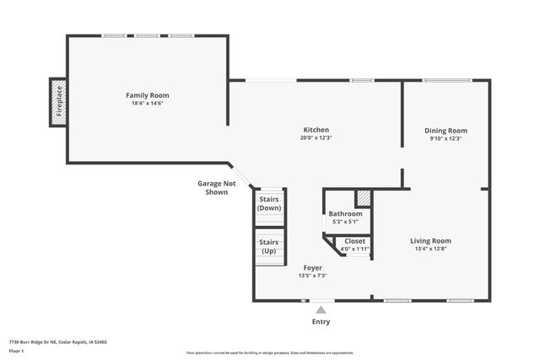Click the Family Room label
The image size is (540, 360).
pos(148,95)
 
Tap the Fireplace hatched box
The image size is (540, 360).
pos(57,103)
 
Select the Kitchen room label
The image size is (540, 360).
pos(316,130)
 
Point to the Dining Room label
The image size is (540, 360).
pos(445,131)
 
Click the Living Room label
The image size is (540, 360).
pos(430,240)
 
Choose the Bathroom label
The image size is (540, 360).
pos(345,214)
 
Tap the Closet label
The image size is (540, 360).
pos(354,241)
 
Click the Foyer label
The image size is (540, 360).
pos(312,268)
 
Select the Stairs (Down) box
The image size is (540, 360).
pos(270,204)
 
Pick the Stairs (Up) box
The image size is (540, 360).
pos(269,246)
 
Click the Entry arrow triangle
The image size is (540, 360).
pos(321,309)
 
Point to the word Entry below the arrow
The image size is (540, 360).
pos(321,321)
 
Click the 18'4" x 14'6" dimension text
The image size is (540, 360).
pos(148,104)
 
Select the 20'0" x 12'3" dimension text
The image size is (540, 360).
pos(316,138)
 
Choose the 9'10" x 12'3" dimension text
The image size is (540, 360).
pos(445,139)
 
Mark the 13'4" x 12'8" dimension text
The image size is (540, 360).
pos(430,249)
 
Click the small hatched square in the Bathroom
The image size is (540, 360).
pos(363,198)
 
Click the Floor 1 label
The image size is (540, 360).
pos(17,351)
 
